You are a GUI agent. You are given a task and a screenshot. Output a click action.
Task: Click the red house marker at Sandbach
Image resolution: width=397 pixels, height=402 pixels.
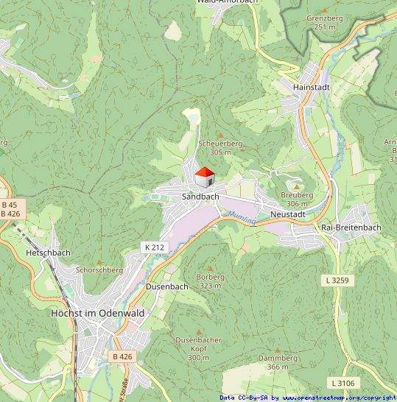pyautogui.click(x=204, y=177)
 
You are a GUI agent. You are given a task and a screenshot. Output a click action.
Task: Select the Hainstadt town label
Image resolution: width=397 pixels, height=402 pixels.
pyautogui.click(x=310, y=87)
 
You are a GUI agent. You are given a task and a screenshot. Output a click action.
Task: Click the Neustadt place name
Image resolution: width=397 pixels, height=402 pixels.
pyautogui.click(x=287, y=214)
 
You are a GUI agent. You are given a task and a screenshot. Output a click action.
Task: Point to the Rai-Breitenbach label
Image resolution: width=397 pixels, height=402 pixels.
pyautogui.click(x=351, y=228)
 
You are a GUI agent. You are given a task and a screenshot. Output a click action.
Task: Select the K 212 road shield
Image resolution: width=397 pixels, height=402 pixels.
pyautogui.click(x=154, y=247)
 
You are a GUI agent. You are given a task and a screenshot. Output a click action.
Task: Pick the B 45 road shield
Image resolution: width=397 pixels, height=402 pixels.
pyautogui.click(x=10, y=204)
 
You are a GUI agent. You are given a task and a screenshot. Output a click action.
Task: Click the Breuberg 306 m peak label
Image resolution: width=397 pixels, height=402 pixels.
pyautogui.click(x=296, y=200)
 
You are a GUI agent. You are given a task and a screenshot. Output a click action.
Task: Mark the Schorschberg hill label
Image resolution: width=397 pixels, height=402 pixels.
pyautogui.click(x=99, y=270)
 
